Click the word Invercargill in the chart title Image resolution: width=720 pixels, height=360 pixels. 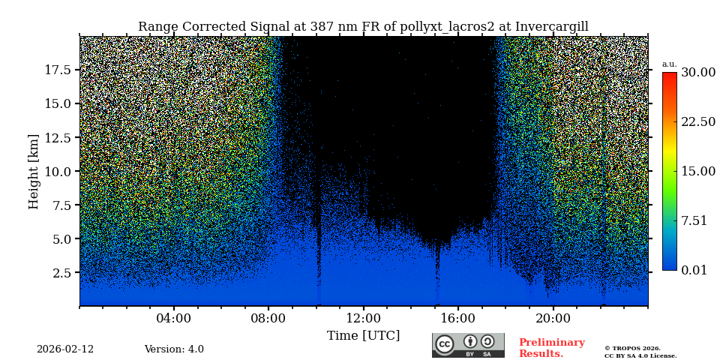pos(551,27)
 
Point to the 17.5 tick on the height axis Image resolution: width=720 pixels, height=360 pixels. pos(58,70)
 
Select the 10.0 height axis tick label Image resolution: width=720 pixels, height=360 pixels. pos(58,171)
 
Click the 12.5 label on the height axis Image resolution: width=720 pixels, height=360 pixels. pos(58,137)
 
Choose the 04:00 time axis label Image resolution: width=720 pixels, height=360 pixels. pos(174,318)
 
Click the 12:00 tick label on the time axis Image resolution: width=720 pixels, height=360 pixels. pos(363,318)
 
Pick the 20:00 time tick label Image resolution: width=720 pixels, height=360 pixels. pos(553,318)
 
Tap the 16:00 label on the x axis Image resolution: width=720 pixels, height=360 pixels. pos(458,318)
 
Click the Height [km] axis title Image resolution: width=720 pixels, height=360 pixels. pos(34,171)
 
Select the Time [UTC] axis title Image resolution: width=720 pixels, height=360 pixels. pos(363,336)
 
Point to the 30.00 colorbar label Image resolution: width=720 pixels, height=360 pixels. pos(697,73)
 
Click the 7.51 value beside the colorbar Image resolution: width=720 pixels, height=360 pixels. pos(694,220)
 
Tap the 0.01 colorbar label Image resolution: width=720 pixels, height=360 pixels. pos(694,270)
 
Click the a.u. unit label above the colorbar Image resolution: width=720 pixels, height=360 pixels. pos(669,64)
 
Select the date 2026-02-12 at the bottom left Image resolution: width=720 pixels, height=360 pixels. pos(65,349)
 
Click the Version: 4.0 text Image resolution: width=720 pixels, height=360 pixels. pos(174,349)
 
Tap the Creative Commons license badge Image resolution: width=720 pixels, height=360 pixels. pos(468,345)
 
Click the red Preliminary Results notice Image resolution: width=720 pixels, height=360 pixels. pos(551,348)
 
